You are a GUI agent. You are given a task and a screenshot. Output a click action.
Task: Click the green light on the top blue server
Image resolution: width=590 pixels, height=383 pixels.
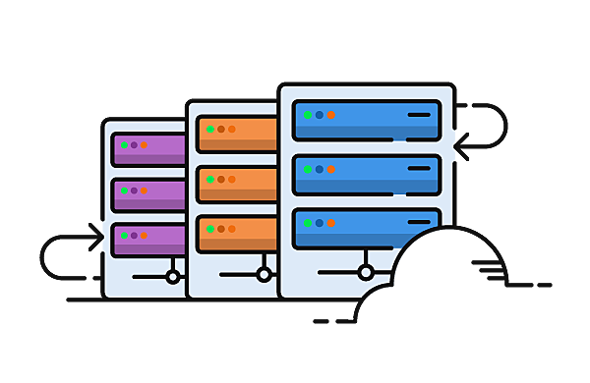(308, 116)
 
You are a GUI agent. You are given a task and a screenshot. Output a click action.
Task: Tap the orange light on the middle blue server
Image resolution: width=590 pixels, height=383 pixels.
(331, 169)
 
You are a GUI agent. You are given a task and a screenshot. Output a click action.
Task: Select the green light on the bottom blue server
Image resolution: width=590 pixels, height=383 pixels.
(308, 223)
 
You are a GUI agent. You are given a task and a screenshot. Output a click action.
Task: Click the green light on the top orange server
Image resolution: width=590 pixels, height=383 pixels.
(209, 129)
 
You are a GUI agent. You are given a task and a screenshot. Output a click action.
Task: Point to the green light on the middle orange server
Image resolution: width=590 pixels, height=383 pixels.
(209, 180)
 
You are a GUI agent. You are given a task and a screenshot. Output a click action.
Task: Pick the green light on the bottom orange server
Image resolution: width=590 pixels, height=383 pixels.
(209, 231)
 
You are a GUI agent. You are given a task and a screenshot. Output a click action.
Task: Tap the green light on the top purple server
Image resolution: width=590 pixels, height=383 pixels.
(124, 146)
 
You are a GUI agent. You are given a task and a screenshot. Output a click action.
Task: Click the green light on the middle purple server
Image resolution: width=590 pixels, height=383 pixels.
(124, 191)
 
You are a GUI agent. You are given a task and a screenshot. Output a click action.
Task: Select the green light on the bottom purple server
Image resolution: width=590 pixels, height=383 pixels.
(124, 236)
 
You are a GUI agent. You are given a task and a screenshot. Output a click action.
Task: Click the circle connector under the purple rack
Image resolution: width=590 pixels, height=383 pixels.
(173, 277)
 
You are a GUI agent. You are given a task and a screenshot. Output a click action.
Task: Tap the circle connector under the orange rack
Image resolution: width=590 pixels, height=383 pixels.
(264, 275)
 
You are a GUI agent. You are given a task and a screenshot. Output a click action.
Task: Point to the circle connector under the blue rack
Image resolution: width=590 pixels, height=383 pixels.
(366, 272)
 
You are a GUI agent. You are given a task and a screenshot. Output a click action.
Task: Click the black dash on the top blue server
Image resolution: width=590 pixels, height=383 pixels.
(420, 116)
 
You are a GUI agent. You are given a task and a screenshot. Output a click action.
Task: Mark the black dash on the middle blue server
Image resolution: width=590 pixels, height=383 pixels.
(420, 169)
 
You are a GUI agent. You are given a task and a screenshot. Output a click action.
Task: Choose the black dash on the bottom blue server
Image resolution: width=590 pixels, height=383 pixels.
(420, 223)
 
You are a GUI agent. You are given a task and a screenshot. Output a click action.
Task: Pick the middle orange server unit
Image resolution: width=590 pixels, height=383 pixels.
(237, 182)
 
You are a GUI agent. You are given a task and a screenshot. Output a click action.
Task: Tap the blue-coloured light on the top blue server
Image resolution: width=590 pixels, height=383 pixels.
(320, 116)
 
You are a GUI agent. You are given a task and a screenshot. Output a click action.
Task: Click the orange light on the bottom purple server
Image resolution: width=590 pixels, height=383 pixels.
(144, 236)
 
